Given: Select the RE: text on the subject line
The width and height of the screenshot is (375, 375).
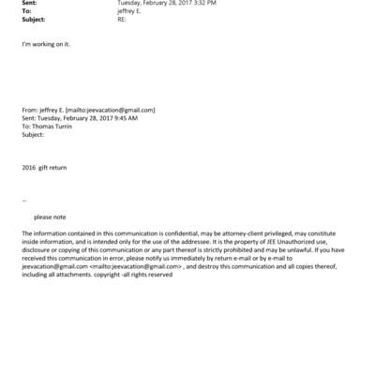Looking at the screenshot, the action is (122, 19).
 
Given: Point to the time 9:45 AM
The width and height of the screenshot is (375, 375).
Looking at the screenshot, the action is (127, 118).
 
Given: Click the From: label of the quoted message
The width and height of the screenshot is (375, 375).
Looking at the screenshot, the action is (29, 110).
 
